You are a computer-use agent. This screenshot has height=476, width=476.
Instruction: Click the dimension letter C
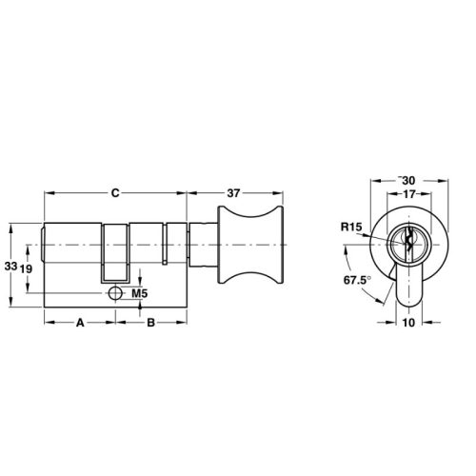[114, 193]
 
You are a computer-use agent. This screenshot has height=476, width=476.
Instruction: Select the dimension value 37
[233, 193]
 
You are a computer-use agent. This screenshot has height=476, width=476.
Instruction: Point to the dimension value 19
[29, 269]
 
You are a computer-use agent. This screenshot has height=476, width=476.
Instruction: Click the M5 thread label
[139, 293]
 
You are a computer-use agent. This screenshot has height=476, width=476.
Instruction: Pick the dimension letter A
[81, 324]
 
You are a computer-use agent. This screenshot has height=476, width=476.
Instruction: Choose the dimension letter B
[150, 324]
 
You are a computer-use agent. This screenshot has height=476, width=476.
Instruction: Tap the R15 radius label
[350, 228]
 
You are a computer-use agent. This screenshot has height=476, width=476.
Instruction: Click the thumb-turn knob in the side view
[252, 248]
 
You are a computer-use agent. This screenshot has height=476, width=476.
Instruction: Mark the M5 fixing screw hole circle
[115, 293]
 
